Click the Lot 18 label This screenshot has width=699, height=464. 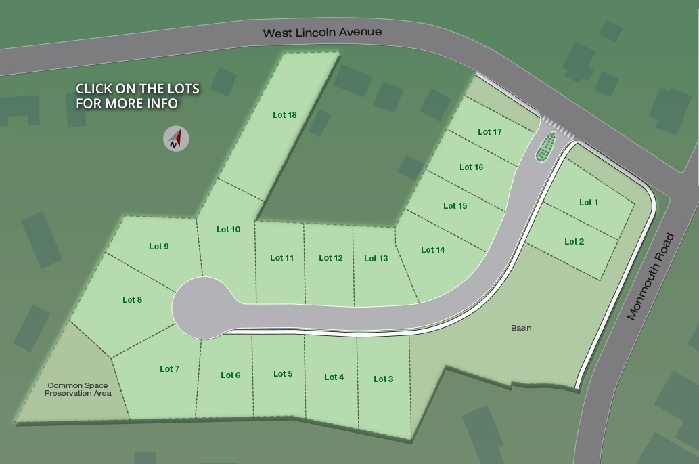point(285,115)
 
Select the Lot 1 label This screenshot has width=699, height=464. point(589,203)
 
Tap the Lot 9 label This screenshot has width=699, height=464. point(159,247)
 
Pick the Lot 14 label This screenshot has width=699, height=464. point(432,250)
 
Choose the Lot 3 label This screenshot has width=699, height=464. point(383,379)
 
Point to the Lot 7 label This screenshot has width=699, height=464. point(170,369)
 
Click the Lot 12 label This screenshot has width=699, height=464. point(331,258)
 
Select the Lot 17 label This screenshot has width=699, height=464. point(489,132)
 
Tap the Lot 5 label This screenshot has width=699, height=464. point(283,374)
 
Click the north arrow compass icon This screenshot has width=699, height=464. point(176,139)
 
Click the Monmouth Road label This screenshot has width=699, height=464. point(650,276)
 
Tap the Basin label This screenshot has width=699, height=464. point(521,329)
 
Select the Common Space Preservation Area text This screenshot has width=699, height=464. point(78,389)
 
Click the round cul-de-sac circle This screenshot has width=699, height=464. point(200,307)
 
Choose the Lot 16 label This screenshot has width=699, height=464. point(471,167)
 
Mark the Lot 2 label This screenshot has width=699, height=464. point(574,242)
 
